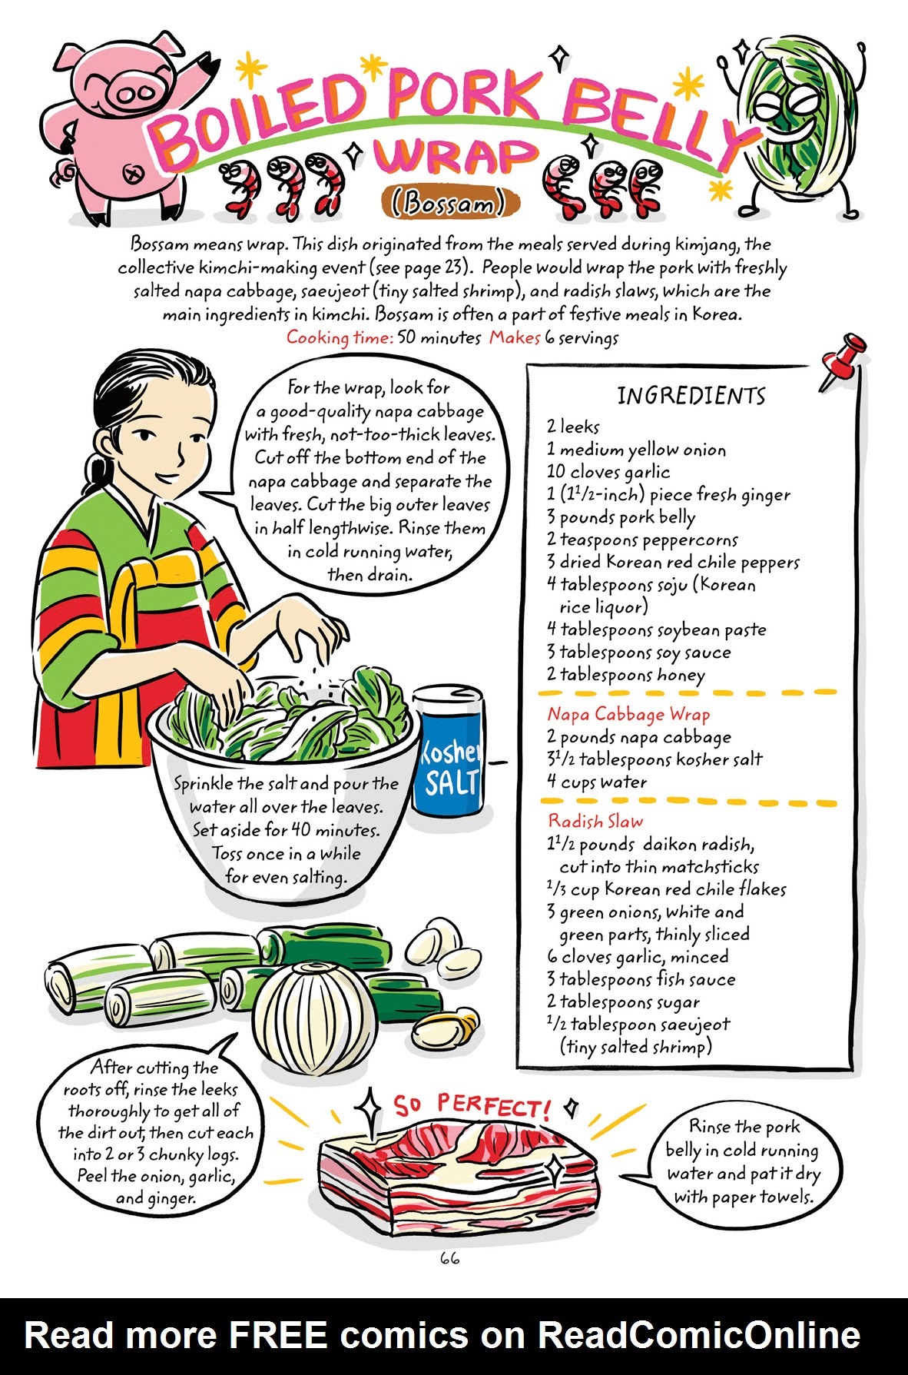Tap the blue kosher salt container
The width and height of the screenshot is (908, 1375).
click(x=449, y=752)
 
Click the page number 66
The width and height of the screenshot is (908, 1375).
click(x=449, y=1258)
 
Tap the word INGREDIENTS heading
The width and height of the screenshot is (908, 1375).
click(x=691, y=396)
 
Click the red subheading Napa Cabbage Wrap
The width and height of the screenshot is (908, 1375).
click(x=628, y=714)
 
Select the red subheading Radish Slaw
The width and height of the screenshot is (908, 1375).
click(x=595, y=821)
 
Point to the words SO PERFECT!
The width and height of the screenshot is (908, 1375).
click(x=472, y=1107)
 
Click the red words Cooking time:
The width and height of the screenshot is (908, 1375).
click(x=340, y=337)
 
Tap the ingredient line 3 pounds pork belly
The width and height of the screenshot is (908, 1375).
click(x=621, y=517)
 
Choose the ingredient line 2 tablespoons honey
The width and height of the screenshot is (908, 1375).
click(x=625, y=675)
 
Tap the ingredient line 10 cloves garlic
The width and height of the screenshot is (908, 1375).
click(x=608, y=472)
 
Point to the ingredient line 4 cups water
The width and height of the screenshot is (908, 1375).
click(x=597, y=782)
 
